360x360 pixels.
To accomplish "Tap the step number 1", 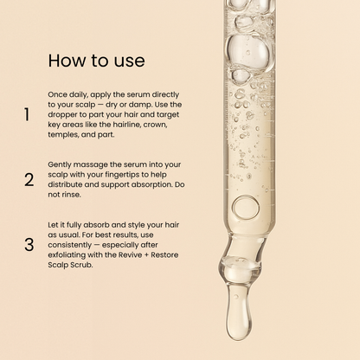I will click(28, 114).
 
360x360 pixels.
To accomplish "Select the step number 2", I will click(29, 180).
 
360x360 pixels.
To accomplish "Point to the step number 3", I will click(29, 245).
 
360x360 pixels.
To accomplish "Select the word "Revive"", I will click(121, 256).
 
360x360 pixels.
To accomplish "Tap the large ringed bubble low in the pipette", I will click(245, 207).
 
